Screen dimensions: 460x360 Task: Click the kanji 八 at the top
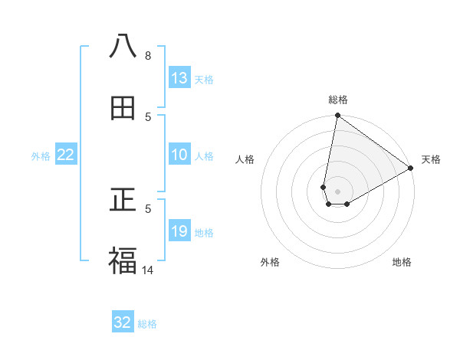[x=123, y=47]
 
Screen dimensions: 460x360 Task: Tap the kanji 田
[x=123, y=108]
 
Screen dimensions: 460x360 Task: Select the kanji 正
[x=123, y=200]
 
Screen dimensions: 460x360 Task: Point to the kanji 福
[x=123, y=261]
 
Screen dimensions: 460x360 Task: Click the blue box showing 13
[x=179, y=78]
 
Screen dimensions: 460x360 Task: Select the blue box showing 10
[x=179, y=155]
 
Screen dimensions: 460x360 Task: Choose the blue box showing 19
[x=179, y=231]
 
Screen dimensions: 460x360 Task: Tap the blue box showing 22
[x=66, y=155]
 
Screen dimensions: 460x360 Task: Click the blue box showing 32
[x=123, y=322]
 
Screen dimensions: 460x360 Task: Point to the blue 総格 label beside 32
[x=147, y=324]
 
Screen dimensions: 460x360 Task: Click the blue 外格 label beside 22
[x=41, y=156]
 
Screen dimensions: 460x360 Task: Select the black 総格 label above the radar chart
[x=338, y=100]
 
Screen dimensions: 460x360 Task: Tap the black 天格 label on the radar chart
[x=431, y=160]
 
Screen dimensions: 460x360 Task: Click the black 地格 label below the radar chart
[x=402, y=263]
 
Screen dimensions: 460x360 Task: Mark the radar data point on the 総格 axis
[x=337, y=116]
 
